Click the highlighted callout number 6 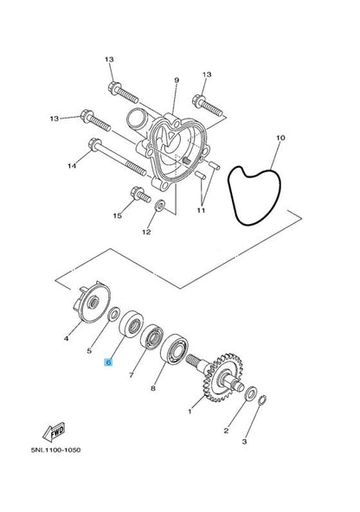click(x=109, y=365)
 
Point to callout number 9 click(x=176, y=80)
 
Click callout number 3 click(x=244, y=442)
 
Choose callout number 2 click(x=226, y=430)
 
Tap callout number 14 click(x=73, y=164)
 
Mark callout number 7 click(x=132, y=376)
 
